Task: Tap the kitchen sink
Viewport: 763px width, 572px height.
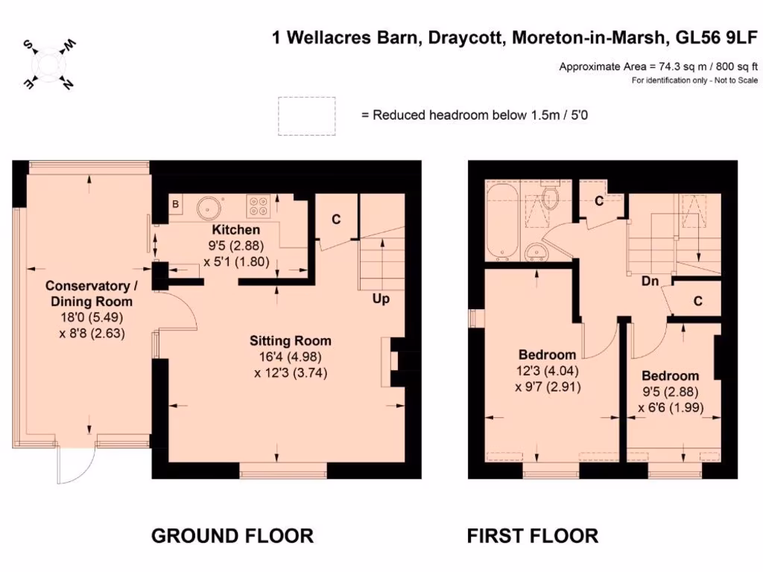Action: click(208, 208)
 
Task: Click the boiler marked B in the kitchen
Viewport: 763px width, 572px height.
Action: click(176, 203)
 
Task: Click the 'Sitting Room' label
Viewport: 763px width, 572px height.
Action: click(291, 341)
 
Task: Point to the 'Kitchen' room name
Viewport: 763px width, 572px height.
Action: click(235, 229)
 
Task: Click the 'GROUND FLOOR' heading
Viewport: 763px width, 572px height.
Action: click(232, 535)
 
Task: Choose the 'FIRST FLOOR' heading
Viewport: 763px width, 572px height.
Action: click(532, 535)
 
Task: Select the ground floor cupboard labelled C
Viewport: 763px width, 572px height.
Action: click(336, 219)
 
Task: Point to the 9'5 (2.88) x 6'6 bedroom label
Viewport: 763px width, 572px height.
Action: click(671, 391)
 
